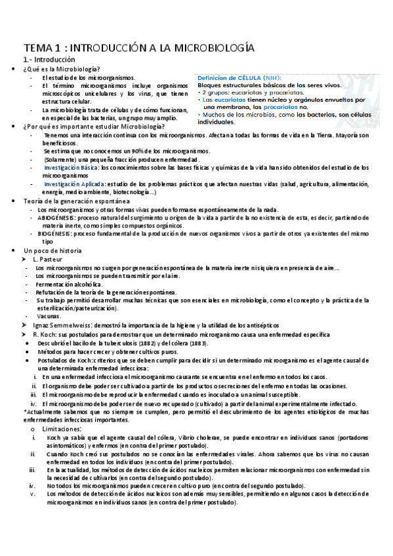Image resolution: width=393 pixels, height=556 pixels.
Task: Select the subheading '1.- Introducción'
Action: click(50, 60)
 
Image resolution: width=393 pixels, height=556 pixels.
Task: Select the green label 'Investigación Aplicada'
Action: click(74, 184)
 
